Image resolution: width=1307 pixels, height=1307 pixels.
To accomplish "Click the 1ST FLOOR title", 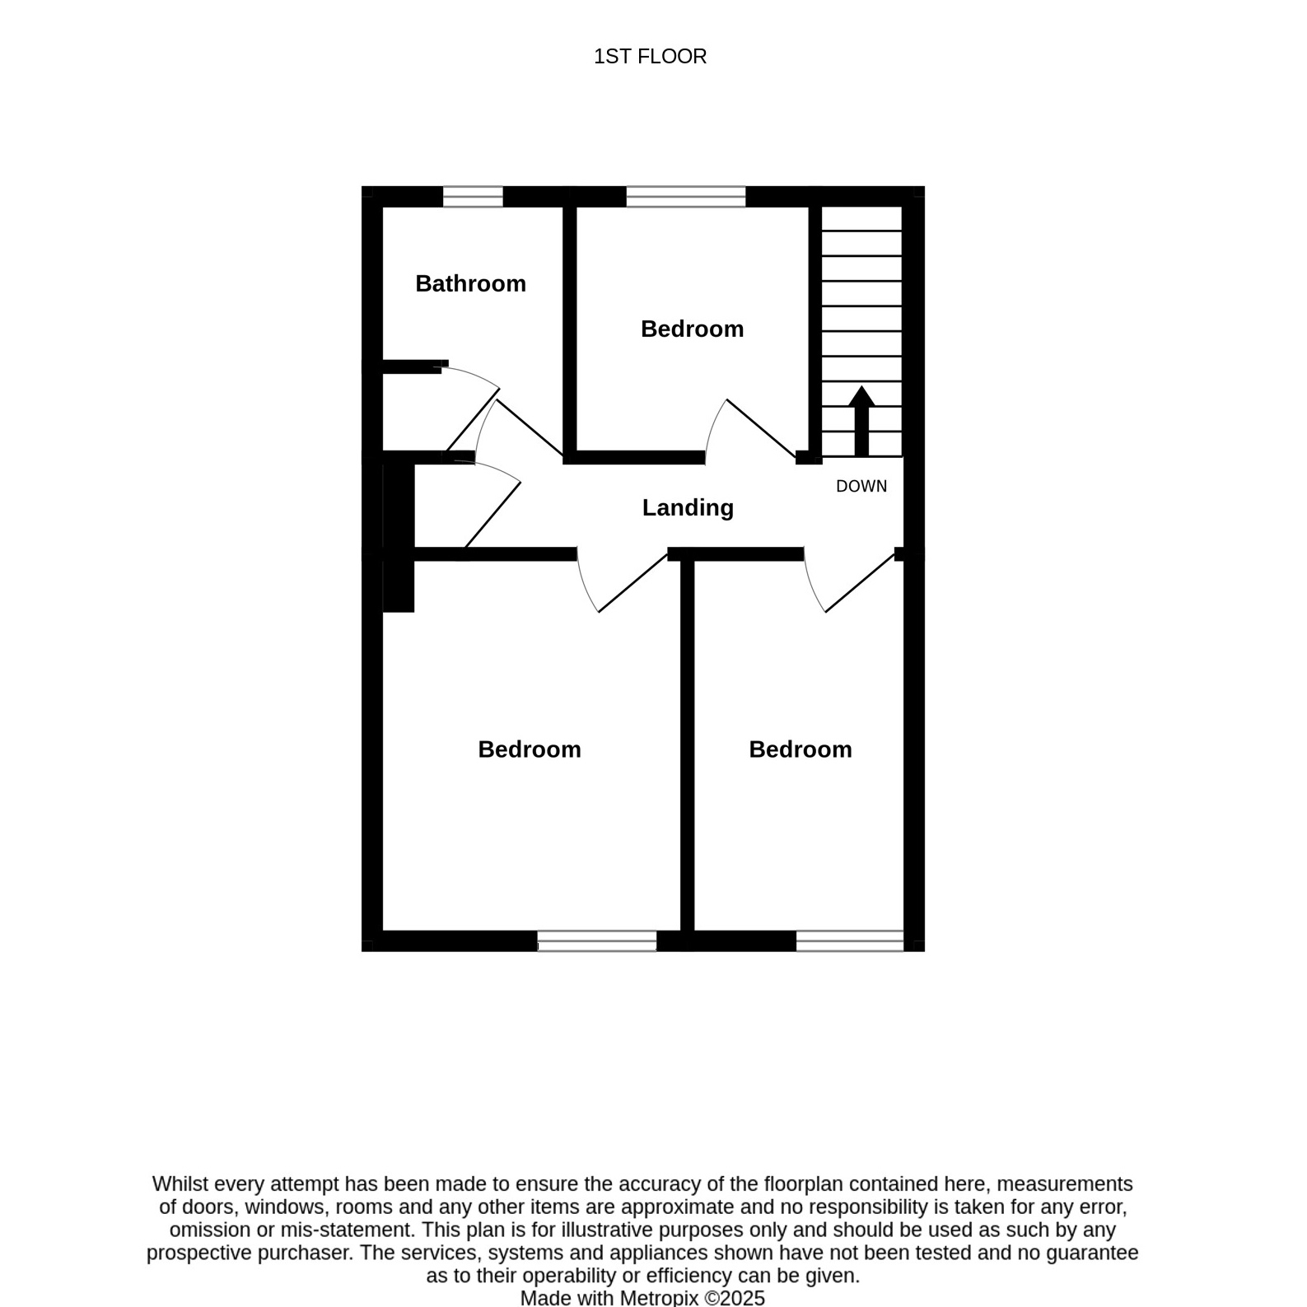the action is tap(650, 56).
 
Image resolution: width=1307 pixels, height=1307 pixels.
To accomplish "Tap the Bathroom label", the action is tap(470, 283).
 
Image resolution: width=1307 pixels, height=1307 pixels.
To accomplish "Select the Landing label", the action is tap(688, 507).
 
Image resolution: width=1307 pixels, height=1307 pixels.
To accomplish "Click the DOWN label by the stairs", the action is tap(861, 486).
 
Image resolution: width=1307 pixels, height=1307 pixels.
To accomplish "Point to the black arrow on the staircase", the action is tap(861, 421).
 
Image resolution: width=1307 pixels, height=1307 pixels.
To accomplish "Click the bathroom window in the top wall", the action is tap(473, 197).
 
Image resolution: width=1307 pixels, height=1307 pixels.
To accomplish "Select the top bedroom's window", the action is tap(686, 197).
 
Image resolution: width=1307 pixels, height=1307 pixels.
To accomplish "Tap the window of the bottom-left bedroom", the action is tap(597, 941).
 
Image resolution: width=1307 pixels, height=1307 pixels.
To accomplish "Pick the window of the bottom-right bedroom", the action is tap(850, 941).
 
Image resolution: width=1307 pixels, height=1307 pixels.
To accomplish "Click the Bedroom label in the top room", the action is tap(692, 329).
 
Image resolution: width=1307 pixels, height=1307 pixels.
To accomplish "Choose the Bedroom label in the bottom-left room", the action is tap(530, 749).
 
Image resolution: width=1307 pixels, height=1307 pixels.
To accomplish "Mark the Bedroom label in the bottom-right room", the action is tap(801, 749).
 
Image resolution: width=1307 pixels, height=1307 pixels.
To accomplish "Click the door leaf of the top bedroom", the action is tap(762, 428).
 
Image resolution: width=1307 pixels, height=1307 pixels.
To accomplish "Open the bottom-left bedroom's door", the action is tap(632, 582).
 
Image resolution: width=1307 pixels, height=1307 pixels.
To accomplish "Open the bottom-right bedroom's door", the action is tap(860, 582).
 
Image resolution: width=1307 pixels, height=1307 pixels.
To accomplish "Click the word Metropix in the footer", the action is tap(659, 1298).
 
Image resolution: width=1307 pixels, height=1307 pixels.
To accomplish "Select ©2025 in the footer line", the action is tap(735, 1298).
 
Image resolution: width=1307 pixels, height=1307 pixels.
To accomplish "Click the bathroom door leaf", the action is tap(530, 428).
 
